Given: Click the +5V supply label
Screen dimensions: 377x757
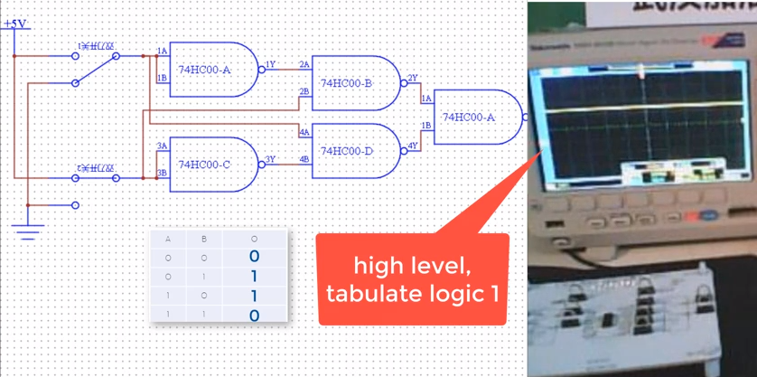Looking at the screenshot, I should click(x=15, y=24).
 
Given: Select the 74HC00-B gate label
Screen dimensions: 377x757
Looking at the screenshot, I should click(x=347, y=83).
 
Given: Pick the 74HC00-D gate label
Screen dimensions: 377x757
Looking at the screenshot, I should click(x=347, y=151).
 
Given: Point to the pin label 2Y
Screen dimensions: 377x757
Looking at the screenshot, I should click(x=412, y=79).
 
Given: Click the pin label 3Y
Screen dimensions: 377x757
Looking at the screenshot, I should click(x=269, y=159).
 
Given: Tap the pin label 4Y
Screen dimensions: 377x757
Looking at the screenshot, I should click(x=412, y=146).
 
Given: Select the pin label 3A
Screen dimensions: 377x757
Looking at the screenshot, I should click(x=162, y=146).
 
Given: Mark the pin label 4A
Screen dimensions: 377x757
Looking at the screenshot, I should click(x=304, y=133).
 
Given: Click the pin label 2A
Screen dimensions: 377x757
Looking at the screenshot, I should click(x=304, y=65).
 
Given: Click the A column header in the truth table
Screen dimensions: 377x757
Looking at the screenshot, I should click(x=168, y=240).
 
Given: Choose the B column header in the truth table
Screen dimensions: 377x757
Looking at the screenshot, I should click(x=204, y=240).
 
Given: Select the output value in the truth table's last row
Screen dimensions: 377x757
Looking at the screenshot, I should click(x=254, y=316).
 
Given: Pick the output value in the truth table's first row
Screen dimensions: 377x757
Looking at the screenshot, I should click(x=254, y=257).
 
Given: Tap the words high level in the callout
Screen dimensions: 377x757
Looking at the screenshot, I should click(x=412, y=267).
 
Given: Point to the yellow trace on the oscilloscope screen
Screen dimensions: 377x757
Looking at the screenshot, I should click(x=632, y=109).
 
